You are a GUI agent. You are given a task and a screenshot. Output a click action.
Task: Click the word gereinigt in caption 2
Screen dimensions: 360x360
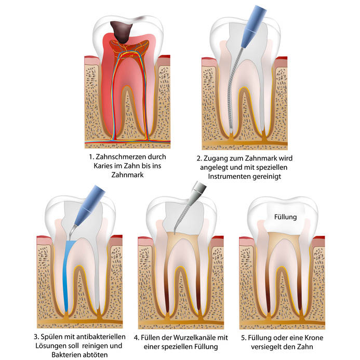(274, 176)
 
